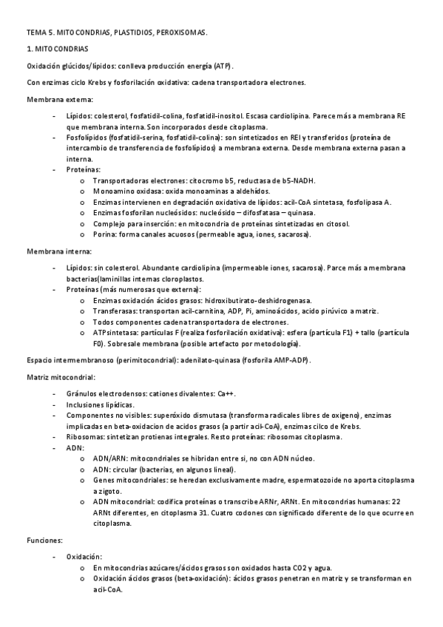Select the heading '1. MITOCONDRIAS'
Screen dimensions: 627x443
57,50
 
